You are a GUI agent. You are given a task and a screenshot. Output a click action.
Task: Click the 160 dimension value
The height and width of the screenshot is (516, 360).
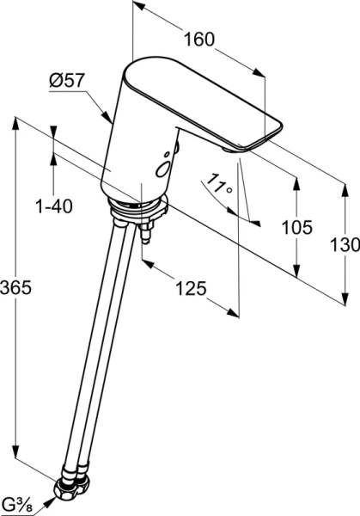[198, 40]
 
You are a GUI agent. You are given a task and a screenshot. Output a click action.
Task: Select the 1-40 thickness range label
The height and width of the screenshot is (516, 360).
[54, 206]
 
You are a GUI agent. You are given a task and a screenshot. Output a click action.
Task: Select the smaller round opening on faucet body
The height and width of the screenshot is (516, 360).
[168, 151]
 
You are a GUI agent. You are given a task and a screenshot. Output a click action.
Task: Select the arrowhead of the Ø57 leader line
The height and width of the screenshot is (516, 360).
[108, 120]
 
